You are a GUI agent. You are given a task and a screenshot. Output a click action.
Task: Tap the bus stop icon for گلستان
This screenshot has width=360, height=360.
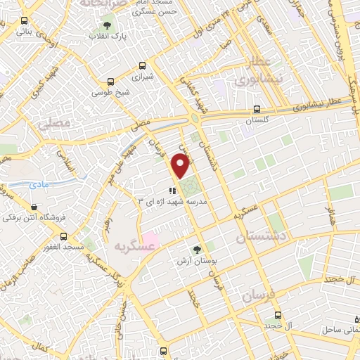257,109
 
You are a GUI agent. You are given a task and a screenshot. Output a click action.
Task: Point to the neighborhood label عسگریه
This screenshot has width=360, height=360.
128,246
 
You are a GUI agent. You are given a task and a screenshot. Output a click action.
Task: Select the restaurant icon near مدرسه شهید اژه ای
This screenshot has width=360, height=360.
171,190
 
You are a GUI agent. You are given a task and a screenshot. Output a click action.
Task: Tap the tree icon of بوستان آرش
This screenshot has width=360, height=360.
197,249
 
